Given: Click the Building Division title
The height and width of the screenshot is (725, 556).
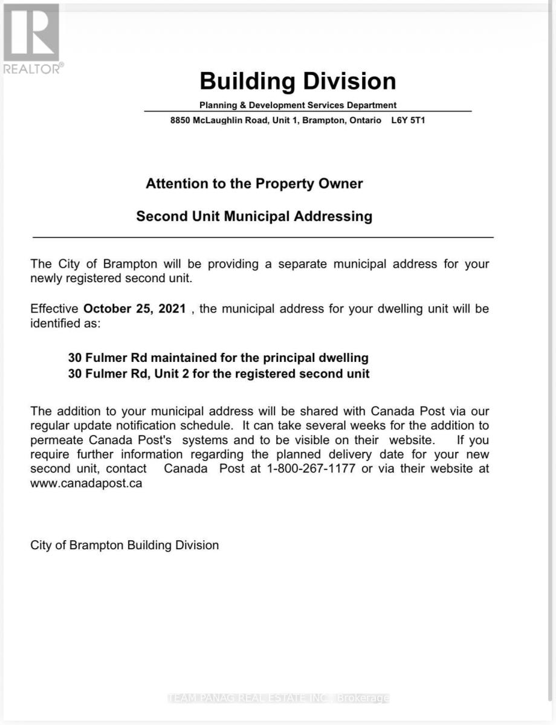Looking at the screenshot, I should (297, 81).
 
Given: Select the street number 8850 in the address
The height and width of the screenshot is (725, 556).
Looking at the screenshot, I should (180, 120).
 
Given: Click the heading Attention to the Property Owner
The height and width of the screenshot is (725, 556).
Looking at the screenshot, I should (254, 184).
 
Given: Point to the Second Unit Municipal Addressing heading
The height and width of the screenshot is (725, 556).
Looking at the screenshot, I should (254, 216).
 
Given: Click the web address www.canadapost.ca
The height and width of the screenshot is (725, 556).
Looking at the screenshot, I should (86, 483).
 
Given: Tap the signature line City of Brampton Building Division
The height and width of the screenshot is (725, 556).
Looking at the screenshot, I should (124, 545).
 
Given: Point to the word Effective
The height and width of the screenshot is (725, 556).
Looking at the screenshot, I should (54, 309).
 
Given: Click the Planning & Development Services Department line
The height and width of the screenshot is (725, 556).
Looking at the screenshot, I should (298, 105).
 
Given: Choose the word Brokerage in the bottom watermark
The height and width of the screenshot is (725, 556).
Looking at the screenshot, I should (363, 698).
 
